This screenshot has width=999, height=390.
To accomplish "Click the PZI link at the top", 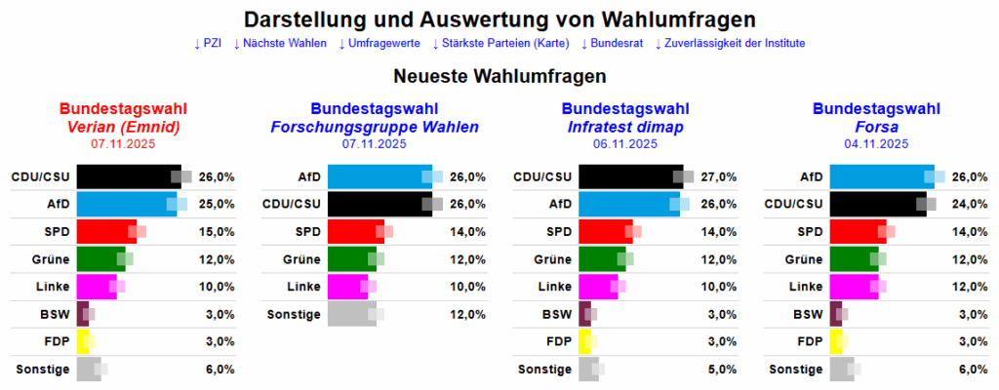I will [208, 43].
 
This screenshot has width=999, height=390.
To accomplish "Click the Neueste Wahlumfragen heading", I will [499, 75].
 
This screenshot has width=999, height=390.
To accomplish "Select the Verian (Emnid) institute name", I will [123, 127].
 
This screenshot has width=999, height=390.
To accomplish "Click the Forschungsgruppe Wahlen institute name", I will [375, 127].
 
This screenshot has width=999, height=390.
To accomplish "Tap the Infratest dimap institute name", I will [625, 127].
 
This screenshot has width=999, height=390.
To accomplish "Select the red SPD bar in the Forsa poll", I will [858, 231].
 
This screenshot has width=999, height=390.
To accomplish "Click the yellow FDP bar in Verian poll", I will [83, 340].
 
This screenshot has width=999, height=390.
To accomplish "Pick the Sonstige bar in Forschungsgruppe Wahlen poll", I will [351, 313].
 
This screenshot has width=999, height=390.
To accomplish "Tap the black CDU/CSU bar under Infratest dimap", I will [630, 176].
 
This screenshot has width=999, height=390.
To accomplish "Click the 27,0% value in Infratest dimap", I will [717, 176].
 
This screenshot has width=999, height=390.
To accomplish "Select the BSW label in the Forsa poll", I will [808, 313].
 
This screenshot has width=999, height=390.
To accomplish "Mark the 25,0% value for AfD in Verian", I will [217, 204].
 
